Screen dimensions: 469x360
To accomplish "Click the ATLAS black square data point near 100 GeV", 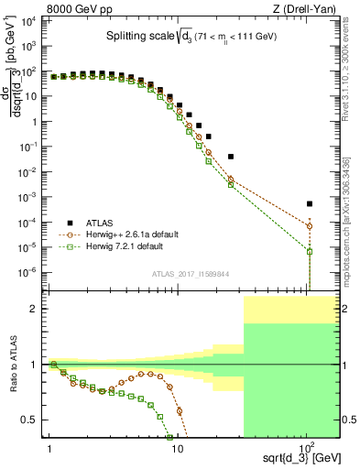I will [x=310, y=203].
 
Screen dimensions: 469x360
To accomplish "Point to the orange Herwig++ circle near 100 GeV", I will [x=310, y=226].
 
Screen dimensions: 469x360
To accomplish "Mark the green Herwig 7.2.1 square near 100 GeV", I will [x=310, y=251].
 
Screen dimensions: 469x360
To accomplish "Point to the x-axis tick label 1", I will [x=48, y=448].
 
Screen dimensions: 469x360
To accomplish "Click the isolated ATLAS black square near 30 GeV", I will [x=231, y=157].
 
